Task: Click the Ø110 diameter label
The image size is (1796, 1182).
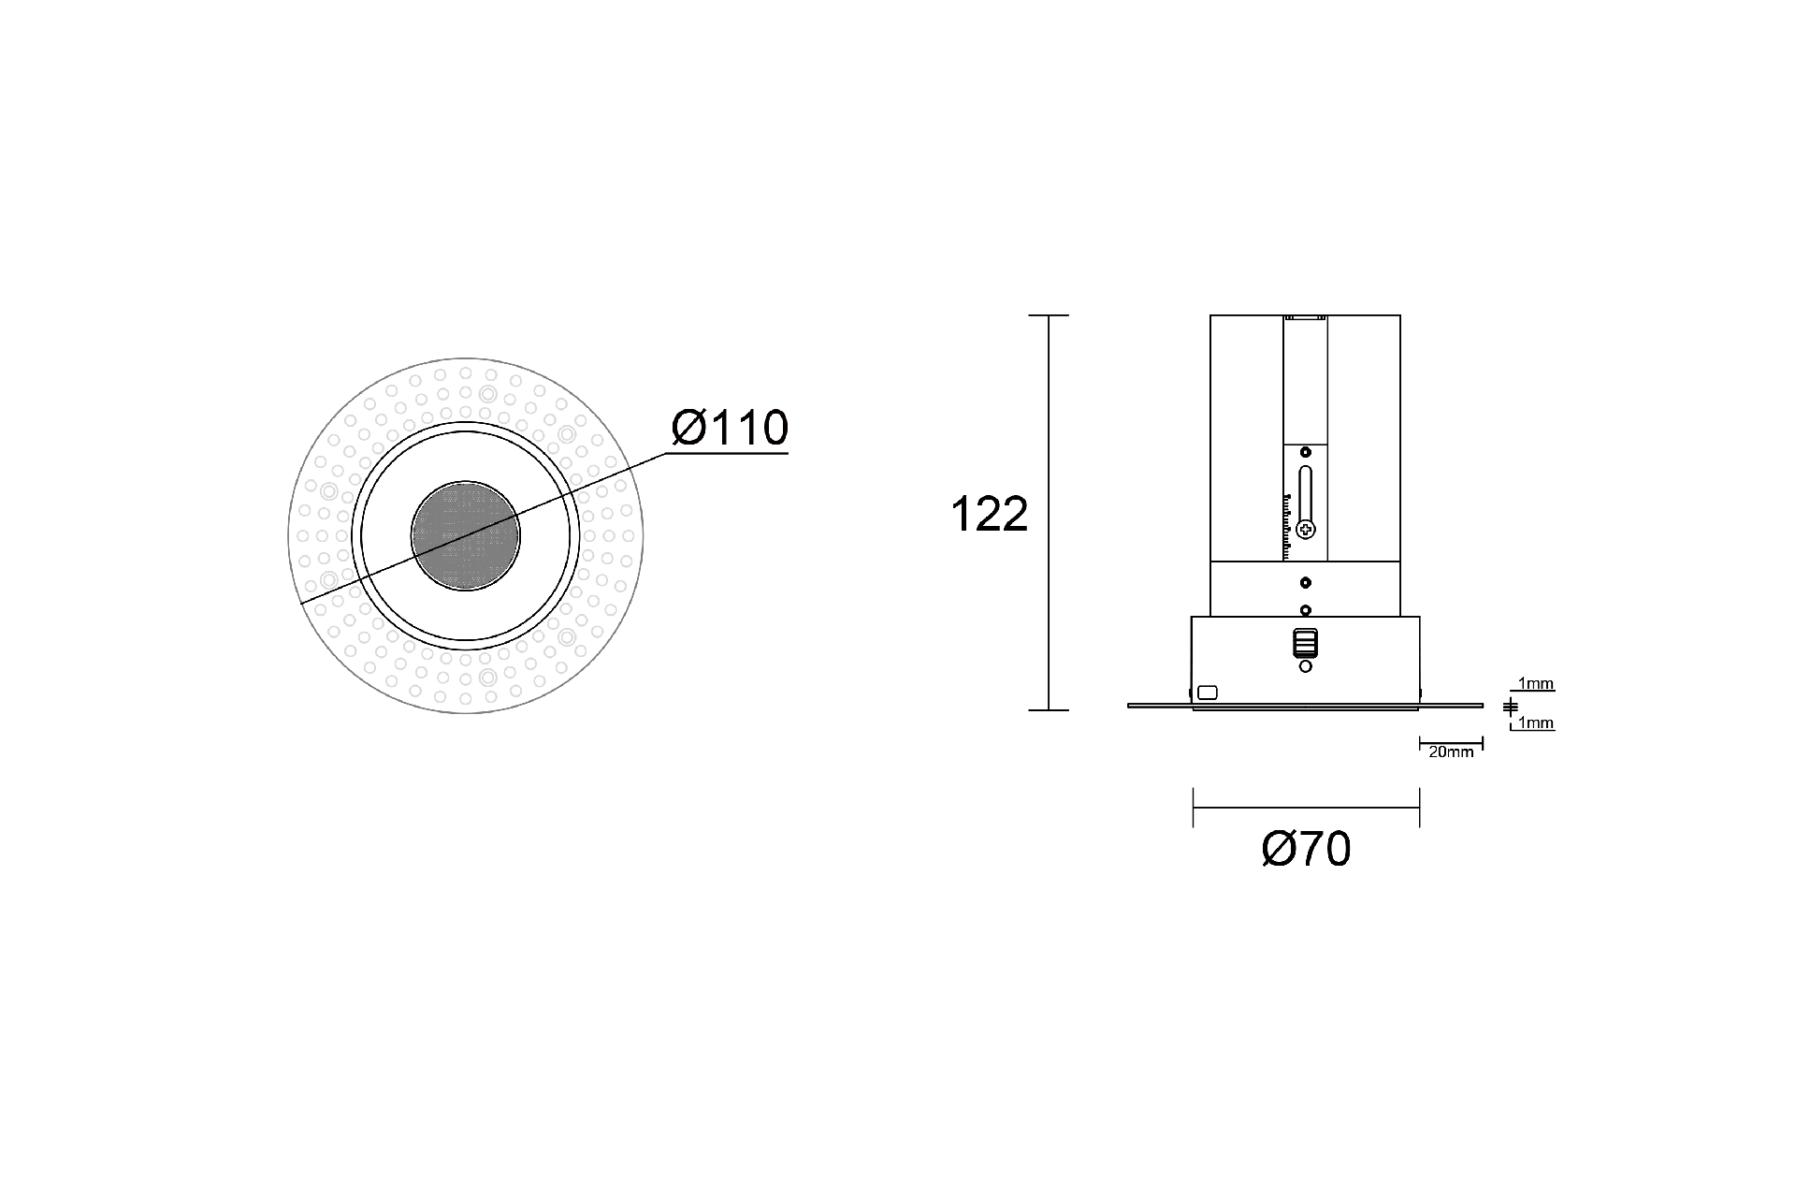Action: coord(730,428)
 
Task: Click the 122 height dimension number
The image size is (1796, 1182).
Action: coord(989,514)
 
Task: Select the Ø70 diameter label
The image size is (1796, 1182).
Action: coord(1306,850)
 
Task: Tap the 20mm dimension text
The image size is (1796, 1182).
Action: coord(1451,752)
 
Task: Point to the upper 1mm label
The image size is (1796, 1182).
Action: coord(1536,684)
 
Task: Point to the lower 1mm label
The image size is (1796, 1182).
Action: coord(1536,722)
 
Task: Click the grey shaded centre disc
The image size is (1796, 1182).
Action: coord(466,537)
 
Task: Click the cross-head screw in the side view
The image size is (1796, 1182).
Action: coord(1306,530)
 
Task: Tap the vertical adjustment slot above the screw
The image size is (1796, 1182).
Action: coord(1306,491)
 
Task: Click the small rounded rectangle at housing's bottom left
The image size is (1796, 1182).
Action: coord(1208,693)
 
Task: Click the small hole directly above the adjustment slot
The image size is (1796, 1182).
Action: coord(1306,453)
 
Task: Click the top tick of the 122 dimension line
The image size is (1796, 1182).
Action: coord(1049,315)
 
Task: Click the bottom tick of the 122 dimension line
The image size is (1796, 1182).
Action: coord(1049,710)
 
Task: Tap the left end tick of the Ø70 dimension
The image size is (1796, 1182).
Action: coord(1194,808)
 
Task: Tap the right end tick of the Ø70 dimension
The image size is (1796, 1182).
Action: coord(1420,808)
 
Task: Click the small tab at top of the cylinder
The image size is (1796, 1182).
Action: coord(1306,318)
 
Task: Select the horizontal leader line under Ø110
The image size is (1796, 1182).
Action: coord(727,454)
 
